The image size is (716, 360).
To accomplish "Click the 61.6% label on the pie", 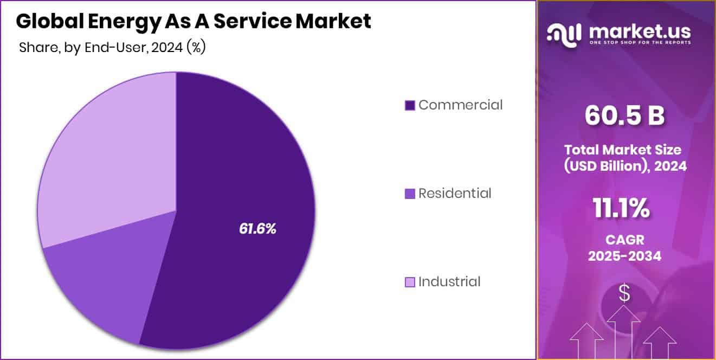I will (257, 229).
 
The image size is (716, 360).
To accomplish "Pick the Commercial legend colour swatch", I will (410, 105).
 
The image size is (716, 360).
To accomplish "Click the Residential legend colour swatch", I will (410, 194).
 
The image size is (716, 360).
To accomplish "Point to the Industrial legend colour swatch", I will (410, 282).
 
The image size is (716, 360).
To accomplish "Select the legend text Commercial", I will (461, 105).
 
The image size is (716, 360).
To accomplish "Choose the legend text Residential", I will (455, 193).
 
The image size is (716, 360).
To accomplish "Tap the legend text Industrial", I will (449, 281).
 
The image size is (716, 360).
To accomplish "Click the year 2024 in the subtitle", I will (166, 48).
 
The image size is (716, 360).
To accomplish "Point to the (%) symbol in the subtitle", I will (196, 48).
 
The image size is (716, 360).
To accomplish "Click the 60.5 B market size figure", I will (624, 116).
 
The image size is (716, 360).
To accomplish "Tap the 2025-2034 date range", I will (624, 256).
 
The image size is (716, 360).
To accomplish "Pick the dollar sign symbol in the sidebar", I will (624, 293).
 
